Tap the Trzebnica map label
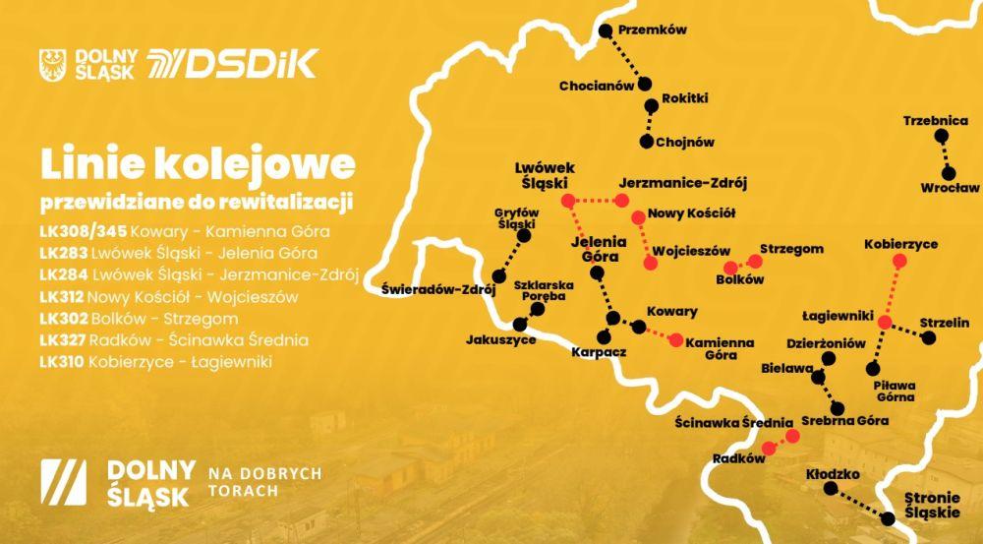tap(935, 122)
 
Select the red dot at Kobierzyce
tap(898, 261)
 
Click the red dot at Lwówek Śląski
tap(568, 201)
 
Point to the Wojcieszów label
tap(700, 250)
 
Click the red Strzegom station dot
tap(754, 261)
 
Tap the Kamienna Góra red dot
tap(675, 340)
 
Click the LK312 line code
tap(61, 296)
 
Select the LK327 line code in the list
tap(61, 340)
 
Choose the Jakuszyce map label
tap(501, 339)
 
